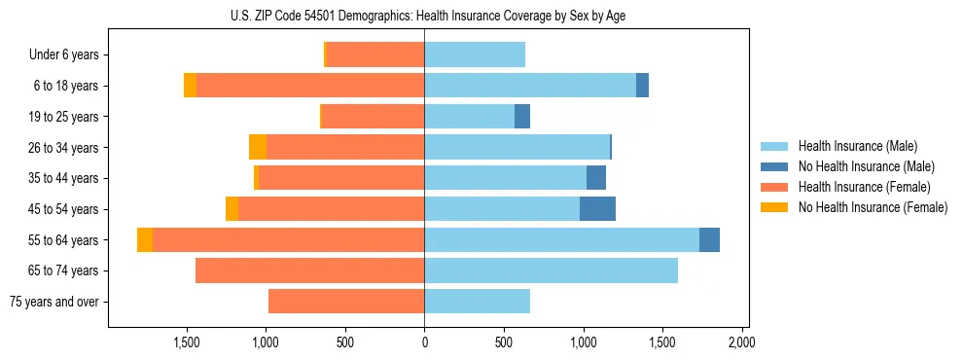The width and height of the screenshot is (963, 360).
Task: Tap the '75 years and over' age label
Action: pos(53,302)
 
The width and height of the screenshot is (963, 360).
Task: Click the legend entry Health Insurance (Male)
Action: pos(857,146)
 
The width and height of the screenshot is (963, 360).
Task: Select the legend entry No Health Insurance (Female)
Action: pos(873,207)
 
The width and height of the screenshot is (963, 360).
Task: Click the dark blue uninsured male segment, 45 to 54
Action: pos(597,209)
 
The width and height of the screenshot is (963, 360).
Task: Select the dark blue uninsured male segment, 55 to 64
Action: pos(709,239)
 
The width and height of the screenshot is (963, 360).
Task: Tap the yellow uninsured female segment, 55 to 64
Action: pos(145,239)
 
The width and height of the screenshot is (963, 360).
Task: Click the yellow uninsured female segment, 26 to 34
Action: pos(258,147)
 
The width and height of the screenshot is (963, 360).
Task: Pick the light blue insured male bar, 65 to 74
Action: pos(551,270)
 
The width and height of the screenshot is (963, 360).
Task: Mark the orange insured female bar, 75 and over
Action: pos(346,302)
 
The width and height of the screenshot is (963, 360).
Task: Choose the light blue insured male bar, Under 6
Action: pos(475,55)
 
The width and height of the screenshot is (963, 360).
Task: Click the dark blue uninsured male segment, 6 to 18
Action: pos(642,86)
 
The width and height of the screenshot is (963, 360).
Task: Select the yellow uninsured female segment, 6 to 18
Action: pos(190,86)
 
